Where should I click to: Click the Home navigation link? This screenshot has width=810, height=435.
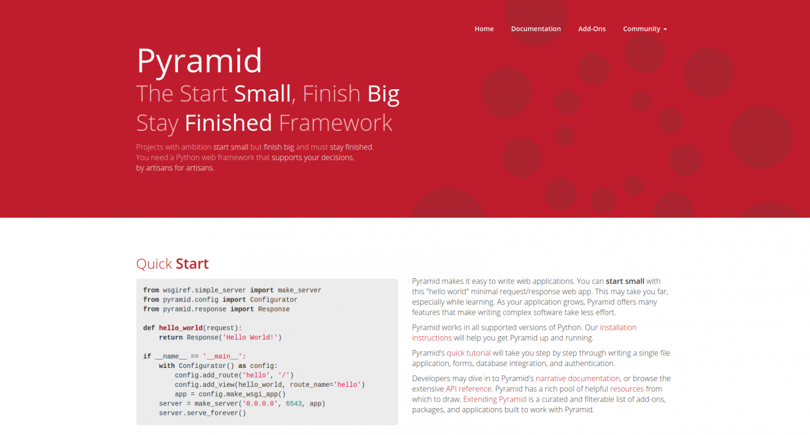[x=484, y=29]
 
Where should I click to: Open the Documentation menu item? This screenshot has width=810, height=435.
[x=536, y=29]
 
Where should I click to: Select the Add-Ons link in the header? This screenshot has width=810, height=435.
[x=592, y=29]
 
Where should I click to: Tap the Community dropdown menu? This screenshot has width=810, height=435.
[x=644, y=29]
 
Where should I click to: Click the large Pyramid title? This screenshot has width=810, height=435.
[x=199, y=61]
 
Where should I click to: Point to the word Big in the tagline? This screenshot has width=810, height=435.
[x=383, y=94]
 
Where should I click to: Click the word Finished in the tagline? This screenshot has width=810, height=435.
[x=228, y=123]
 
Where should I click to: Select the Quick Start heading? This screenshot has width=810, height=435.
[x=172, y=264]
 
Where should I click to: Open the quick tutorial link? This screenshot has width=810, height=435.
[x=468, y=353]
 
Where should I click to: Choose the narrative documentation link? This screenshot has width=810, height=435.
[x=577, y=379]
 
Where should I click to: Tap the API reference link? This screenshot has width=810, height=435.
[x=468, y=389]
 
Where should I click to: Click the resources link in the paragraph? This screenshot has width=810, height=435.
[x=626, y=389]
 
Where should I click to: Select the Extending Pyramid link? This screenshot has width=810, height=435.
[x=495, y=400]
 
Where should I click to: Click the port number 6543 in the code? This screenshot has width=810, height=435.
[x=294, y=404]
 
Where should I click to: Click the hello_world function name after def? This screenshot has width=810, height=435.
[x=180, y=328]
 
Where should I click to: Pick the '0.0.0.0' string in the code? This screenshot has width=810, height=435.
[x=260, y=404]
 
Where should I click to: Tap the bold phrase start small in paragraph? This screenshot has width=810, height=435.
[x=624, y=281]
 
